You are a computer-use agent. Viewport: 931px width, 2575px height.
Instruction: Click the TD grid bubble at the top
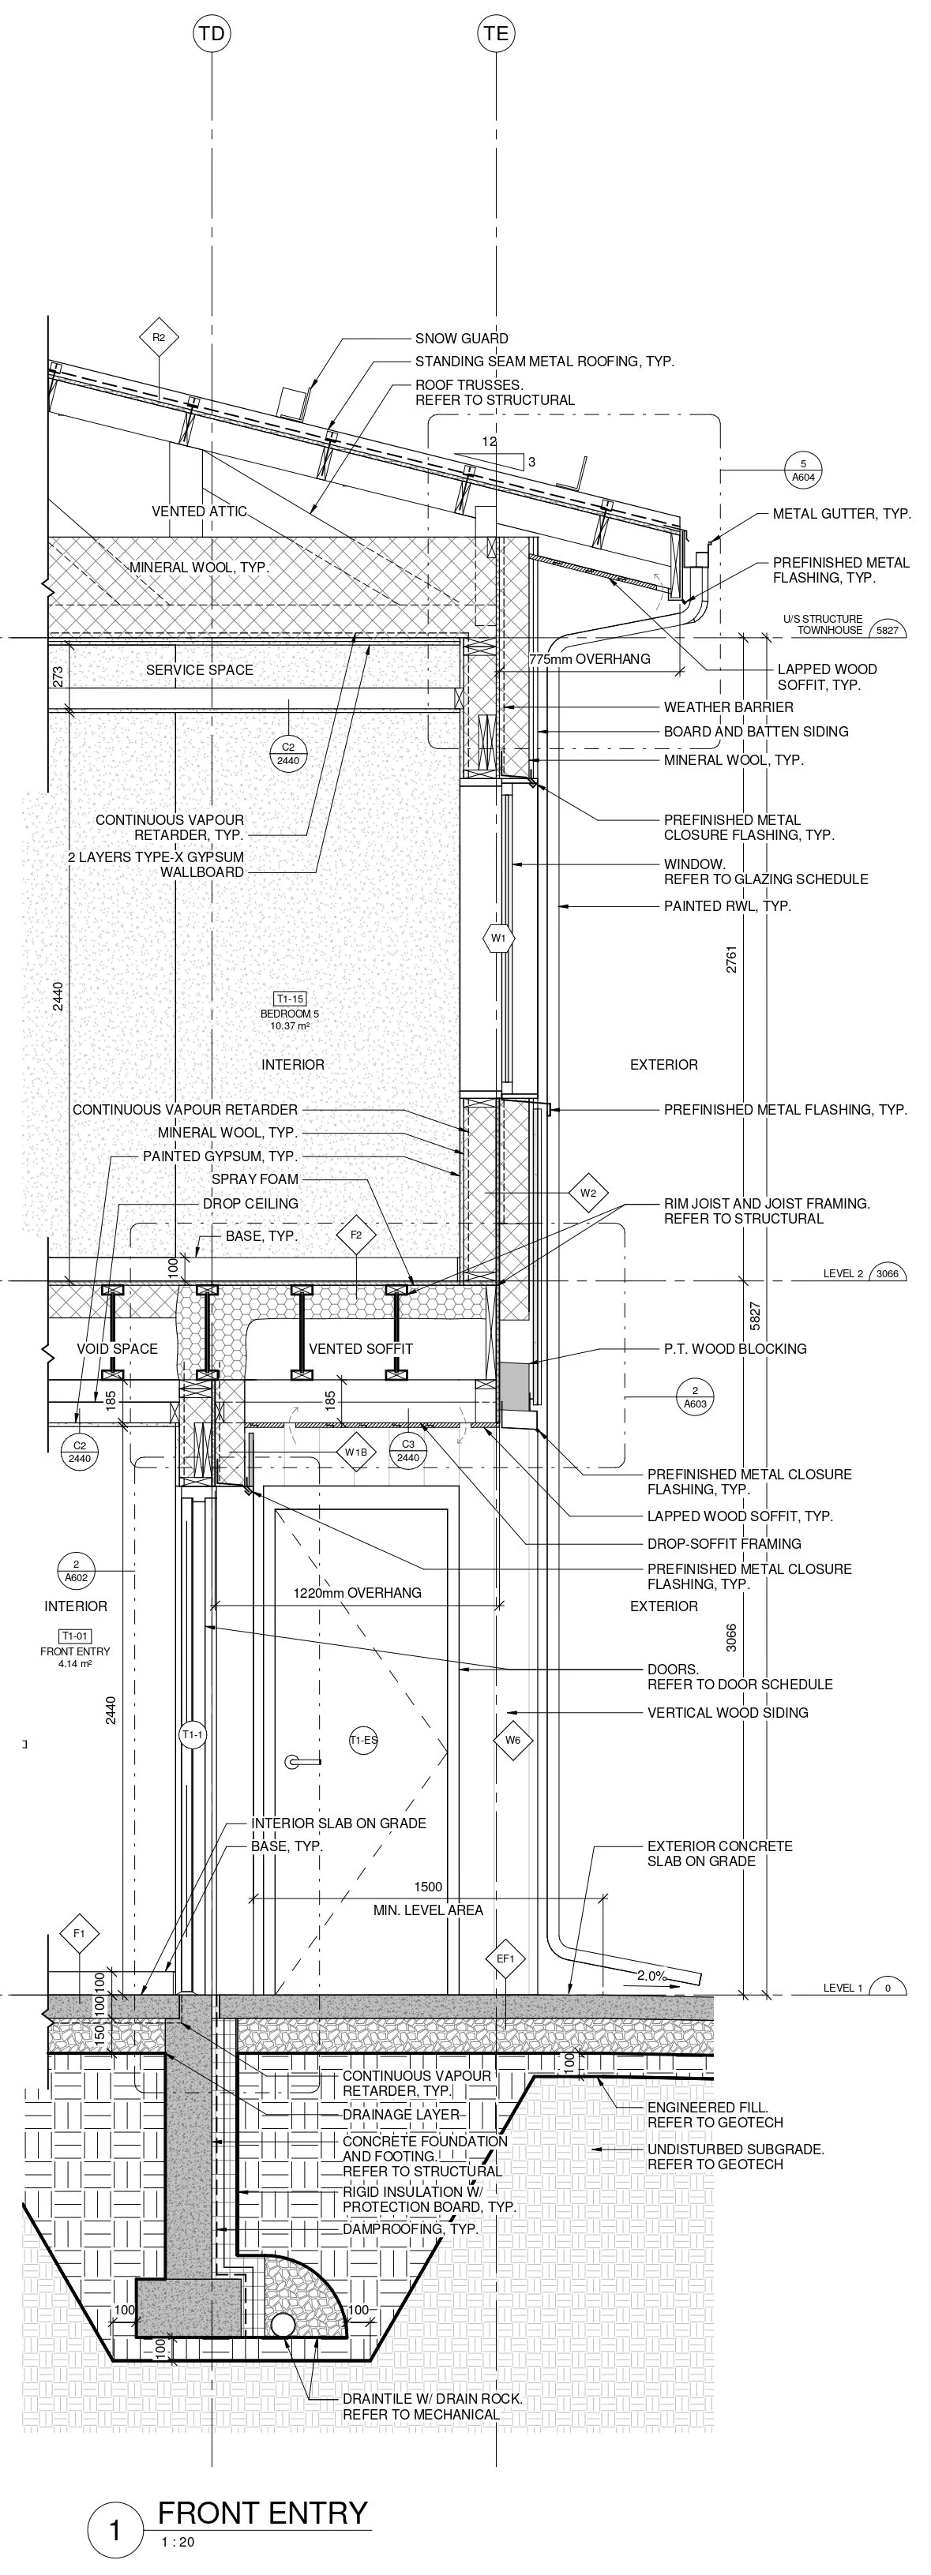211,34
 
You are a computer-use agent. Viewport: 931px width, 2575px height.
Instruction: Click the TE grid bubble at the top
496,34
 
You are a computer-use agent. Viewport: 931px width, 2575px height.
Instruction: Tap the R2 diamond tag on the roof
158,338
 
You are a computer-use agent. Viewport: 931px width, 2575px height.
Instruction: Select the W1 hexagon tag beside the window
498,939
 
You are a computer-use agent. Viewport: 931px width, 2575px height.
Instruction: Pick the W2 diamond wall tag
588,1193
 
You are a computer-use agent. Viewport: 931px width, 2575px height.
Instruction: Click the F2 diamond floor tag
356,1235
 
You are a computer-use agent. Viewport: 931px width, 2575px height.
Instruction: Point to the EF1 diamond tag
505,1958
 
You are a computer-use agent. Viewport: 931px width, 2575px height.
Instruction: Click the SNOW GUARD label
461,339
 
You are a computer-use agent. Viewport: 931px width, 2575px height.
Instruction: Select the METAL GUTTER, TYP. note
841,514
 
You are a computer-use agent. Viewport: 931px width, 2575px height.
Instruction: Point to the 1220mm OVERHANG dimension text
357,1592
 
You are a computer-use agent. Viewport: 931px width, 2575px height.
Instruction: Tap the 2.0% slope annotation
651,1975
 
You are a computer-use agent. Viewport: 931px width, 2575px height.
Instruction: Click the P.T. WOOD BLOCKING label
735,1348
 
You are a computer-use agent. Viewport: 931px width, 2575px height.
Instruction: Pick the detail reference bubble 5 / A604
803,470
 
